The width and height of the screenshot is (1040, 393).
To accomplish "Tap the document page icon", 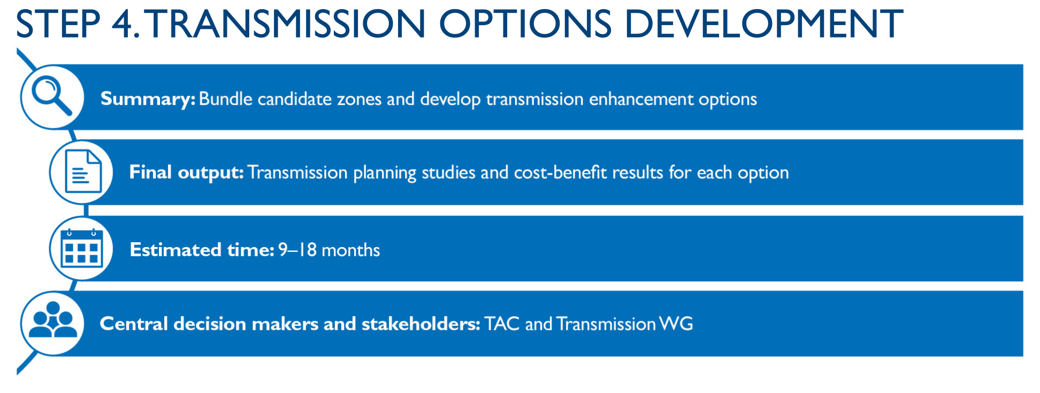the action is (83, 172).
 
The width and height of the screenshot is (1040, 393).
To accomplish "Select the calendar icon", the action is (82, 248).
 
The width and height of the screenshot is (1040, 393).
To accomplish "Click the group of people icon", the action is (52, 320).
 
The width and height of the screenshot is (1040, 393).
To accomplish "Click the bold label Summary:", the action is (148, 99).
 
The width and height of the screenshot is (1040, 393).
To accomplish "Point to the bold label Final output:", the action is (186, 173).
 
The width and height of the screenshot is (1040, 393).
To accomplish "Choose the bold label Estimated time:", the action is (202, 250).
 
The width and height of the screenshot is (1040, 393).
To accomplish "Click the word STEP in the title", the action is (58, 24).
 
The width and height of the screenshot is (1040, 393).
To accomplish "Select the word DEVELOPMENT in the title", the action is (763, 24).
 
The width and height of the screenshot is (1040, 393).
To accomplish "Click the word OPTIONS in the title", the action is (525, 24).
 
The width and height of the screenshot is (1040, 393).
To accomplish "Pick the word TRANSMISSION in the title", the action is (286, 24).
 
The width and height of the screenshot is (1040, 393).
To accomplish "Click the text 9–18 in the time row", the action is (297, 250).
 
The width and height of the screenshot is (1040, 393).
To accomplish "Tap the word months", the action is (350, 250).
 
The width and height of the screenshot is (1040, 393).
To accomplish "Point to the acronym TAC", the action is (502, 324).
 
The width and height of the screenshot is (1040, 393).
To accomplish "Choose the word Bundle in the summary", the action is (225, 99).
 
